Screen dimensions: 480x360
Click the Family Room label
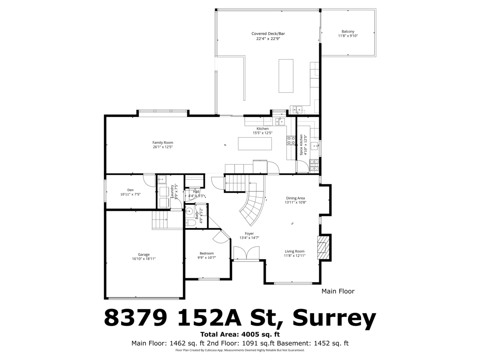(163, 142)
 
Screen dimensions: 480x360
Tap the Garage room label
(144, 254)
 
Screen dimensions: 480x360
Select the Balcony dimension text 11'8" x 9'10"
(348, 36)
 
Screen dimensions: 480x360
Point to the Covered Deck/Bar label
(268, 34)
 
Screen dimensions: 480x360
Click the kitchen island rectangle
(255, 144)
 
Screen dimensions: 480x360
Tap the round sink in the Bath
(189, 211)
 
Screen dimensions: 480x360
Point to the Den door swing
(149, 180)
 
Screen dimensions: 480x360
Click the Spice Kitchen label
(301, 145)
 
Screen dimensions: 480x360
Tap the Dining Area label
(295, 198)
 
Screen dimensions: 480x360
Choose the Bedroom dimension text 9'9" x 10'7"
(207, 258)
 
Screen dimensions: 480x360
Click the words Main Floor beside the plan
(338, 291)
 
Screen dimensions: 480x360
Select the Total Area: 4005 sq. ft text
(240, 334)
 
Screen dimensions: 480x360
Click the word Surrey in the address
(334, 318)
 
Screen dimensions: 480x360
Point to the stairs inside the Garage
(160, 220)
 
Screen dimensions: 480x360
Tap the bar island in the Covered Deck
(286, 76)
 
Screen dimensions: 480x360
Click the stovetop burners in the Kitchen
(291, 140)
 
